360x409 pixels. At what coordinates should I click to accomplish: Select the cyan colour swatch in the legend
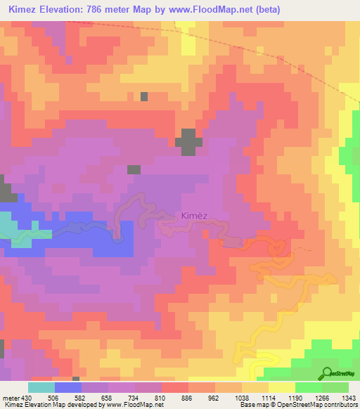(41, 387)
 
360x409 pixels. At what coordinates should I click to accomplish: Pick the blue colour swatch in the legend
(67, 387)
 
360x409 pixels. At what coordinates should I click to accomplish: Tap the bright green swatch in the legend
(309, 387)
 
